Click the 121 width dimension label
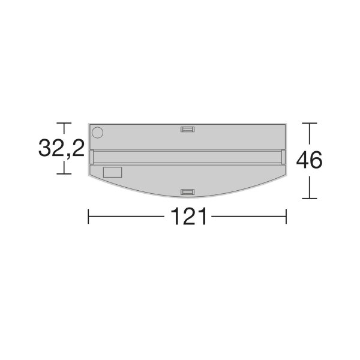point(189,216)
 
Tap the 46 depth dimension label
point(309,160)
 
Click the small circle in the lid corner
point(97,133)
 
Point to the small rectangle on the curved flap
point(113,172)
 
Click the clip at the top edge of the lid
point(188,129)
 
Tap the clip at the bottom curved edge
point(188,192)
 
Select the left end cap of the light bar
point(92,157)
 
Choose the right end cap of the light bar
point(284,157)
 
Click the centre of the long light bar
point(188,157)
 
